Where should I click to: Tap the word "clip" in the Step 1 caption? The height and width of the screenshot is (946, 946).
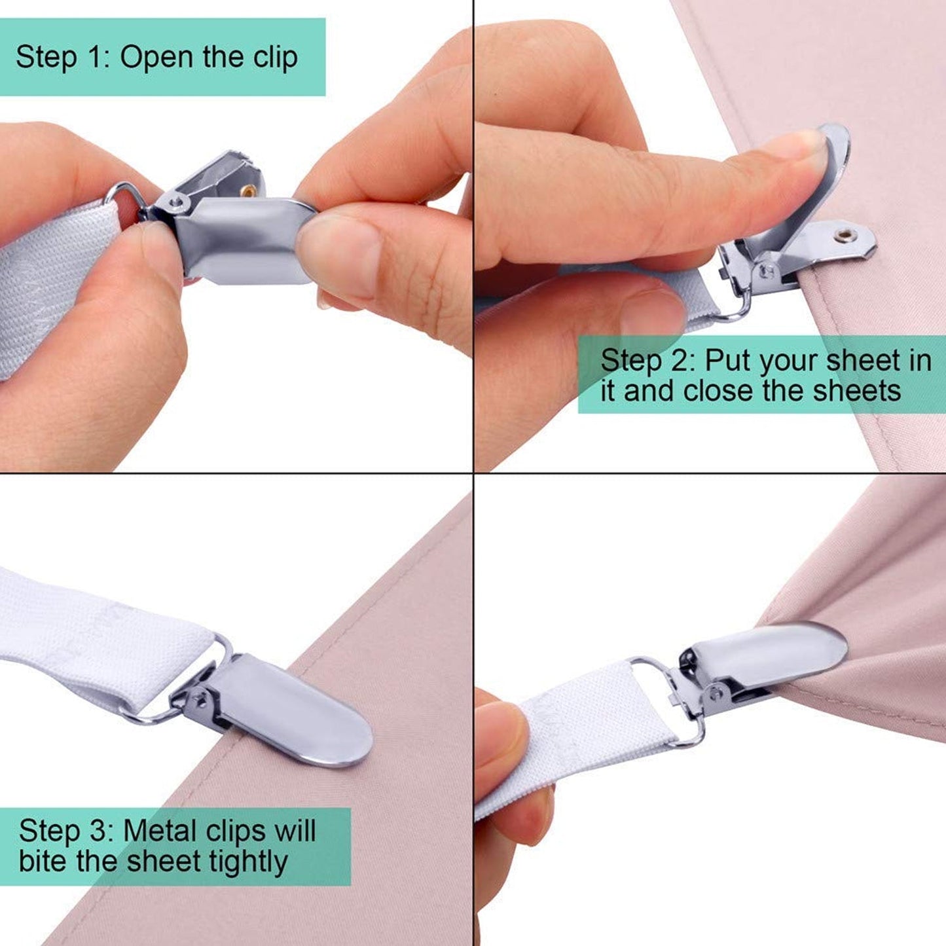pyautogui.click(x=276, y=58)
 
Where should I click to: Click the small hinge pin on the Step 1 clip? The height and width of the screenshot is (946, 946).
pyautogui.click(x=175, y=203)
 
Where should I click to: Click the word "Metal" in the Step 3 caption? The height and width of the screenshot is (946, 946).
pyautogui.click(x=160, y=831)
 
